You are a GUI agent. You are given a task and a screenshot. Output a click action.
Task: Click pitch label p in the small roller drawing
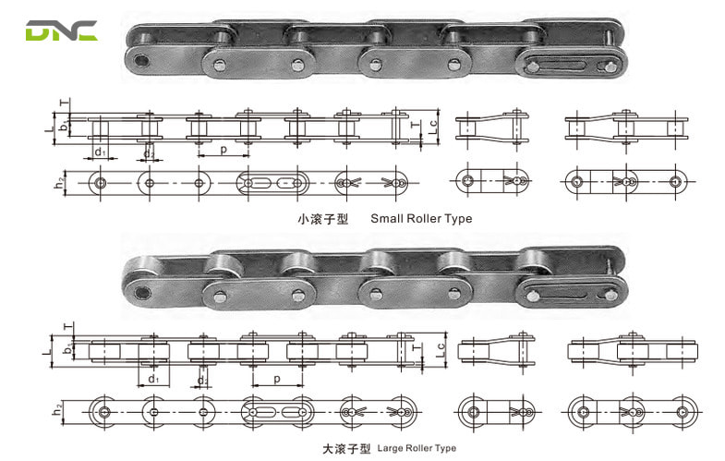click(x=222, y=147)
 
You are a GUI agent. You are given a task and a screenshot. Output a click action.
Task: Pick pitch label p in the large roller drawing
click(x=276, y=378)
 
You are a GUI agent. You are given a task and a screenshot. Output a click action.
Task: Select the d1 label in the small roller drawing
click(x=99, y=150)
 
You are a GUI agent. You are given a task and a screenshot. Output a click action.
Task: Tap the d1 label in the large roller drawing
click(x=152, y=379)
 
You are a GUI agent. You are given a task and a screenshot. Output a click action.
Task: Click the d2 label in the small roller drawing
click(x=148, y=150)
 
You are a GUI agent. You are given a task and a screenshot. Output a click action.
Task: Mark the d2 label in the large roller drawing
click(x=202, y=381)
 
